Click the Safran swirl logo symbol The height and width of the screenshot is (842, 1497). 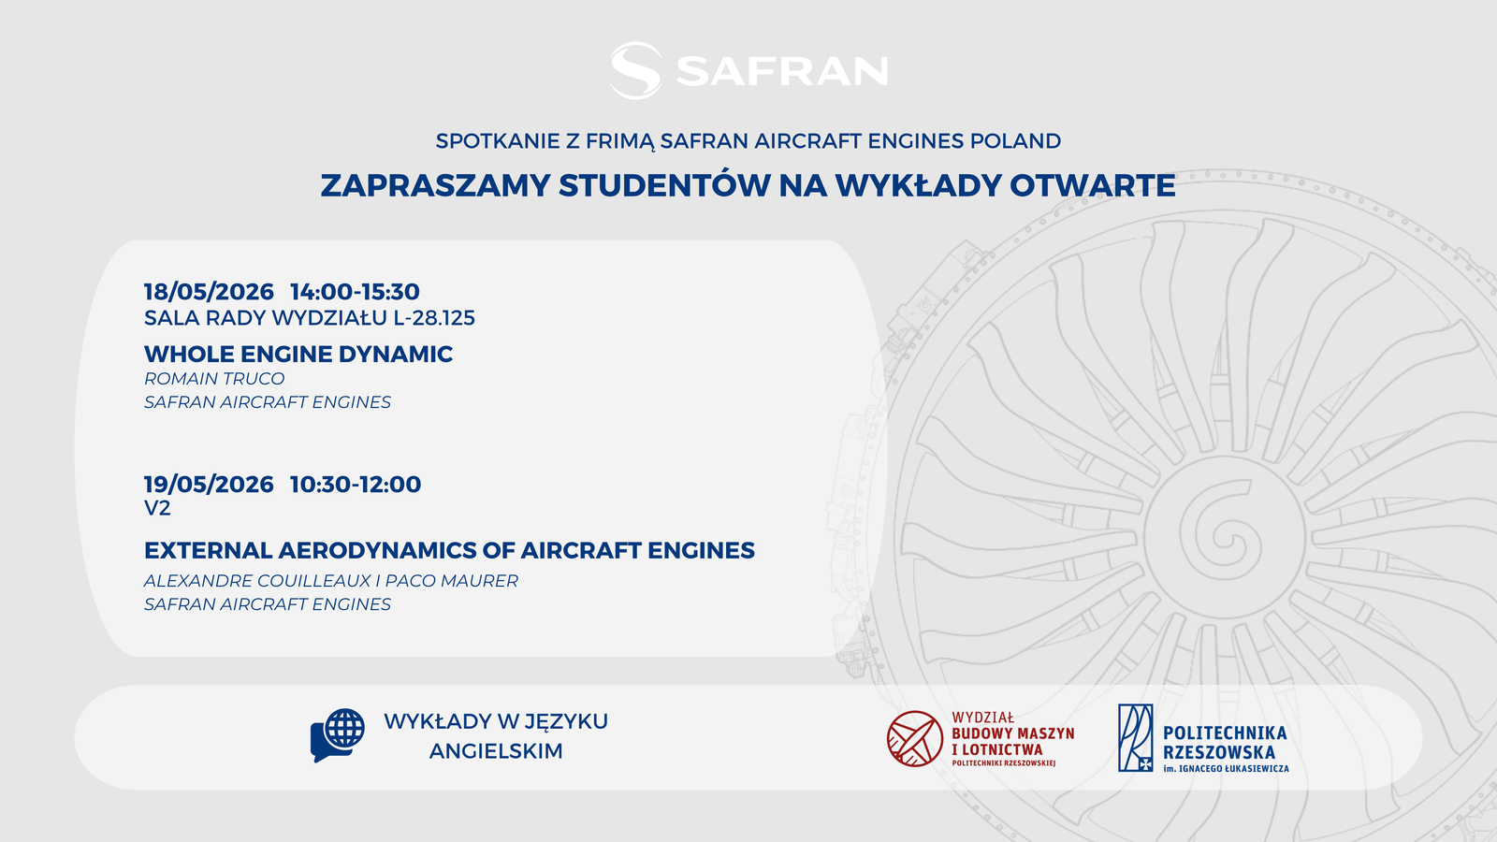635,71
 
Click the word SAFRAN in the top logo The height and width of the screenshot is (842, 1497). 782,71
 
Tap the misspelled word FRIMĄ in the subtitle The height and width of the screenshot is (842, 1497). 620,141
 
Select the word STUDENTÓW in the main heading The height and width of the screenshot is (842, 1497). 664,186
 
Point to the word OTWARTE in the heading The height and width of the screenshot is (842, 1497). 1092,186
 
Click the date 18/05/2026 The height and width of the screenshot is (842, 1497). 209,292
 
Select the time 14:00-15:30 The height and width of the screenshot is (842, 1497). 355,292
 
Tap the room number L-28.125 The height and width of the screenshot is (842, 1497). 434,318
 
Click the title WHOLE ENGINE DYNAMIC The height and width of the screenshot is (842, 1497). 298,355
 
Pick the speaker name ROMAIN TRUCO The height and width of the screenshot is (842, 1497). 214,379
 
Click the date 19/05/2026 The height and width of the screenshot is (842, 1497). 209,485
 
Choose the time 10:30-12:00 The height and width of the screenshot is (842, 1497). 356,485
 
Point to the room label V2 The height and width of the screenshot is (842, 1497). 157,509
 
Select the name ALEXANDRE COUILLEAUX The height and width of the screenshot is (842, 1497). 257,581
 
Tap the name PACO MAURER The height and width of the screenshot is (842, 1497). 452,581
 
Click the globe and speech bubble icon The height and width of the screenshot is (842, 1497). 338,735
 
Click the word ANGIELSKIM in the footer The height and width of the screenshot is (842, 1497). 496,751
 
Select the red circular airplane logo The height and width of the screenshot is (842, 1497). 915,738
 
